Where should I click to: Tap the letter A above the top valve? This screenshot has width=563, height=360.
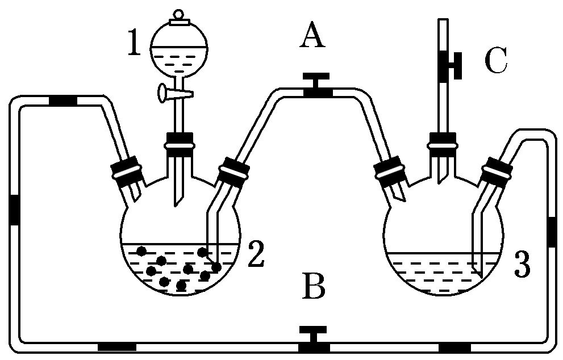coord(312,37)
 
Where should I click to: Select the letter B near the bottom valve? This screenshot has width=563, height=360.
coord(313,286)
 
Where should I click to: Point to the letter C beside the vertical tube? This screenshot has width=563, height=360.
coord(495,61)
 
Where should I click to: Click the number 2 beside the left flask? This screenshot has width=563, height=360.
coord(256,256)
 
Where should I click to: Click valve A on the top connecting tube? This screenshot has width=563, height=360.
coord(314,85)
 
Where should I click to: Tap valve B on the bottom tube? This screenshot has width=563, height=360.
coord(314,338)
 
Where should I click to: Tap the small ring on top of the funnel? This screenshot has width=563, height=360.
coord(178,14)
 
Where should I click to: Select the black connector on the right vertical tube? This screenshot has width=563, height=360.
coord(551,232)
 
